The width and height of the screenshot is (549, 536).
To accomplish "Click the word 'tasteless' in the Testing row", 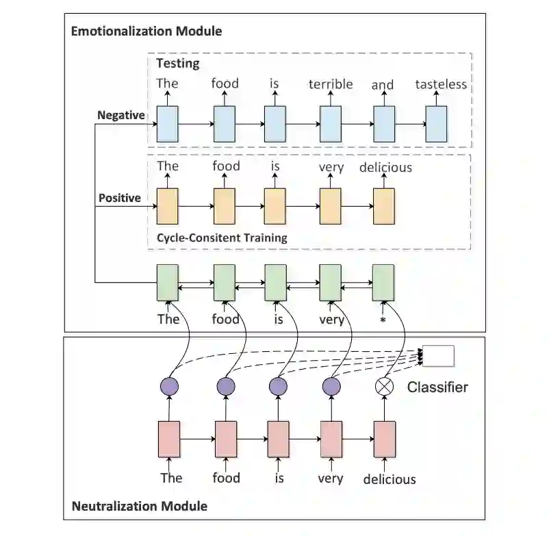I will click(x=441, y=84).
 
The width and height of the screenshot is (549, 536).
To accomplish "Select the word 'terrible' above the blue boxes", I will click(x=331, y=84).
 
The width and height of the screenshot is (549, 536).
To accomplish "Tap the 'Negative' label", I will click(x=121, y=115).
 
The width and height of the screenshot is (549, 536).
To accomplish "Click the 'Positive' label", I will click(x=120, y=198).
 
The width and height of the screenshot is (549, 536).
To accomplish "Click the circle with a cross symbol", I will click(x=385, y=387).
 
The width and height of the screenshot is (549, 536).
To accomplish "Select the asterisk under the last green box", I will click(x=383, y=319).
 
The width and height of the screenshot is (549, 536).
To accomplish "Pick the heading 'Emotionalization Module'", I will click(x=146, y=31).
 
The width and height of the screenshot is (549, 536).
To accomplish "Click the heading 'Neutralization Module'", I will click(x=140, y=507).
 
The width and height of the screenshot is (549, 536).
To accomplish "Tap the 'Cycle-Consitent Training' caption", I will click(x=222, y=238).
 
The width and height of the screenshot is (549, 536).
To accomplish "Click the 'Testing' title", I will click(x=178, y=64).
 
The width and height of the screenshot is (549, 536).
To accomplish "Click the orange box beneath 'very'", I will click(x=330, y=206).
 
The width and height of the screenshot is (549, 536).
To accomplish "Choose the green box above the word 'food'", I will click(x=225, y=282).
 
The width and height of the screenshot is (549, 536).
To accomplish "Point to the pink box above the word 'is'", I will click(x=278, y=439).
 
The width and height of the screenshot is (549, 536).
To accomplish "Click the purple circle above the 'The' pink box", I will click(x=169, y=387).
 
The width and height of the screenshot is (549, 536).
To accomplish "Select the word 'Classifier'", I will click(x=437, y=387).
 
